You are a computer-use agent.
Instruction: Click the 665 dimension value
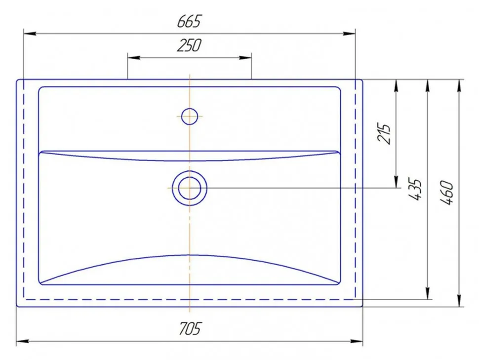[x=190, y=21]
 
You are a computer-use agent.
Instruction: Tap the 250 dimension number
[x=190, y=45]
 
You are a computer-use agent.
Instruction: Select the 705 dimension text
[x=190, y=328]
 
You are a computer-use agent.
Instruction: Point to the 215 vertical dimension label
[x=384, y=133]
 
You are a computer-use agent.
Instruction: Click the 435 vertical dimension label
[x=415, y=190]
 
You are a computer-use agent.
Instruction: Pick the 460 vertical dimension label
[x=446, y=193]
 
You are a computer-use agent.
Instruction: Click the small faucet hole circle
[x=190, y=117]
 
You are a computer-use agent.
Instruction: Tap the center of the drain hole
[x=190, y=188]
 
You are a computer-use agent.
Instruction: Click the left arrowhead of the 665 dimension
[x=30, y=33]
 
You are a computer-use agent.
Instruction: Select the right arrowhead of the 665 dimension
[x=349, y=33]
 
